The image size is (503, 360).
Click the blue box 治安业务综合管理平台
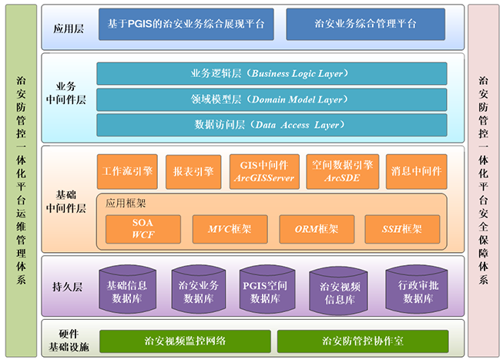coord(365,24)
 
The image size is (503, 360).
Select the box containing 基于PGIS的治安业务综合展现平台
coord(186,24)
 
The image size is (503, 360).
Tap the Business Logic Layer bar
coord(272,73)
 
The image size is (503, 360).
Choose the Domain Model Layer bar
coord(272,99)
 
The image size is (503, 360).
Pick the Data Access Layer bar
coord(272,125)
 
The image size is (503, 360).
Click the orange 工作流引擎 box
coord(127,171)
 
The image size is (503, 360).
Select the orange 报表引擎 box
coord(193,172)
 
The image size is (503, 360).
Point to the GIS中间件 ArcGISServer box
coord(264,171)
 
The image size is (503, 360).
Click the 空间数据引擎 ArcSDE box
coord(343,171)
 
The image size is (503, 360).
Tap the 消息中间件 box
coord(417,171)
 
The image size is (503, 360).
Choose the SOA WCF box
coord(143,229)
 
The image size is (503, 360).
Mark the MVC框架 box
coord(230,229)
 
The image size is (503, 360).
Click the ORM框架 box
coord(317,229)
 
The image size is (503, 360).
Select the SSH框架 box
coord(402,229)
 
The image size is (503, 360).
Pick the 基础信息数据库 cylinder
coord(127,289)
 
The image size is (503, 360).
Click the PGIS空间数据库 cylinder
coord(267,289)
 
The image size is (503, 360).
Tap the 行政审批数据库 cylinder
coord(417,289)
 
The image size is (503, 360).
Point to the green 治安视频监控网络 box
coord(185,341)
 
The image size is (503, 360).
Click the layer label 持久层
coord(67,287)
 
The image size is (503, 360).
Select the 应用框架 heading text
coord(126,203)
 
